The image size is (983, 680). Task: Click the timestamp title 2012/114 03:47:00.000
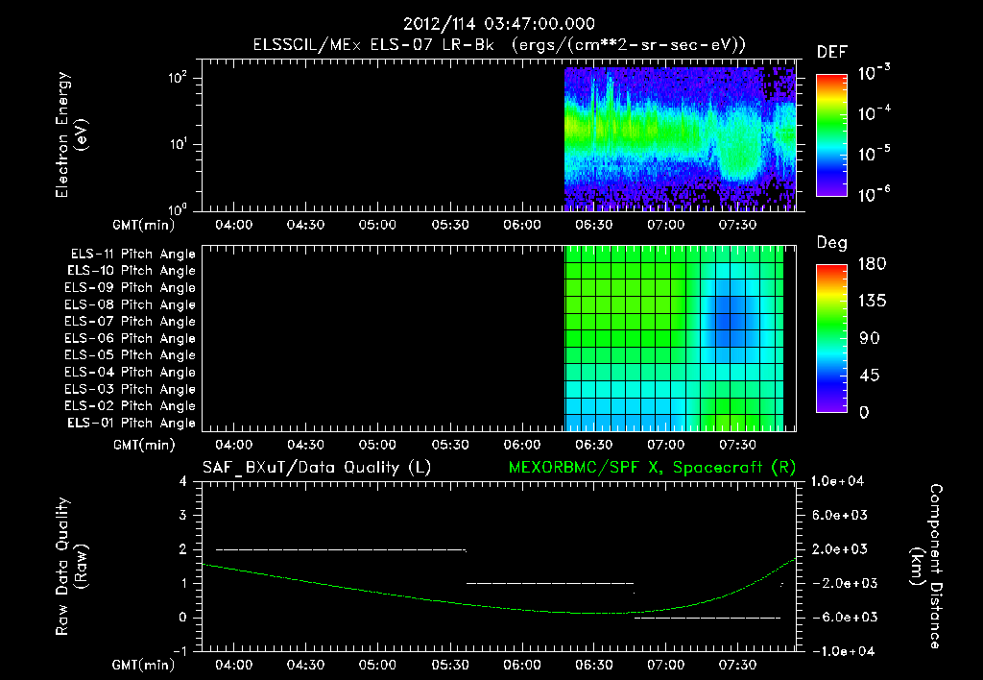498,24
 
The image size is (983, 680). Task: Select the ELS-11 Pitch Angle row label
132,255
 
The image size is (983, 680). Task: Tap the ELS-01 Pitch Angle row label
131,424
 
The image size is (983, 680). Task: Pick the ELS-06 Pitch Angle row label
130,339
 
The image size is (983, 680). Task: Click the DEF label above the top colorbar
832,52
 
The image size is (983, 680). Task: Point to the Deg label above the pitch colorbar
831,243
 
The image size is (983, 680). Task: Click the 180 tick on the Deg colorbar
872,263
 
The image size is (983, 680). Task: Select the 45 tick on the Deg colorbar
868,376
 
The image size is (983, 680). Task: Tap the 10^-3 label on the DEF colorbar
874,72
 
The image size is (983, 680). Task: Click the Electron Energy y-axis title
71,134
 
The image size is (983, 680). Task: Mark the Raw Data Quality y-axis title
71,567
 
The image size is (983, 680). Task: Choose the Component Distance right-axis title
926,567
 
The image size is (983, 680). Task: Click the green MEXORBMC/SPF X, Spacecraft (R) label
652,468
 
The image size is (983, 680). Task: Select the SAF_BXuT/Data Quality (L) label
317,468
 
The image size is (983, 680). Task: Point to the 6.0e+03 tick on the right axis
840,515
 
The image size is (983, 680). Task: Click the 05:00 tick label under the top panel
378,225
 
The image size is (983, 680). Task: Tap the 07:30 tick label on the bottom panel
738,665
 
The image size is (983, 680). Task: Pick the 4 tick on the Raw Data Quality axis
183,481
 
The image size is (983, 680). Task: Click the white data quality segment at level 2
341,550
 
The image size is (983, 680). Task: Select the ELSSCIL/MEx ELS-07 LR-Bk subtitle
373,45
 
